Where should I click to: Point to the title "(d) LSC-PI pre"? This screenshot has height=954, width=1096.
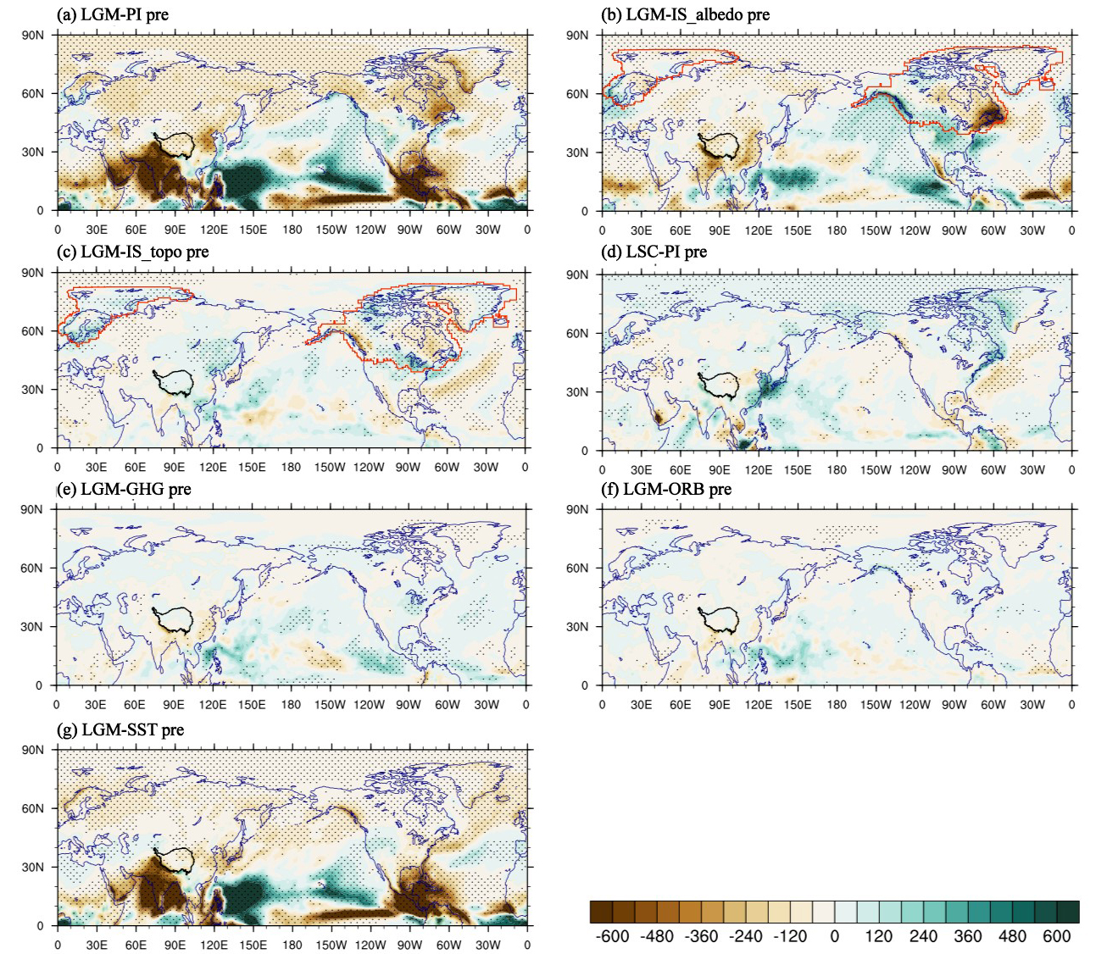click(x=654, y=252)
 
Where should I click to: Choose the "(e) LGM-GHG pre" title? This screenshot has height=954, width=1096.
click(x=123, y=489)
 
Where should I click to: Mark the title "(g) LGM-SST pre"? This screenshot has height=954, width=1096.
click(x=120, y=729)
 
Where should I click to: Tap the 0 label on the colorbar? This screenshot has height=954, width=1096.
click(x=834, y=936)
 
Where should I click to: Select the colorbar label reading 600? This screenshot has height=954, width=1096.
click(x=1056, y=936)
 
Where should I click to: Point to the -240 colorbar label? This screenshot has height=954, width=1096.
click(x=745, y=936)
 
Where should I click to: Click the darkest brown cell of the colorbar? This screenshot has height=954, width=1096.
click(x=601, y=911)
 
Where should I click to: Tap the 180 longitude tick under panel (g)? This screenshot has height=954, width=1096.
click(x=292, y=945)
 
